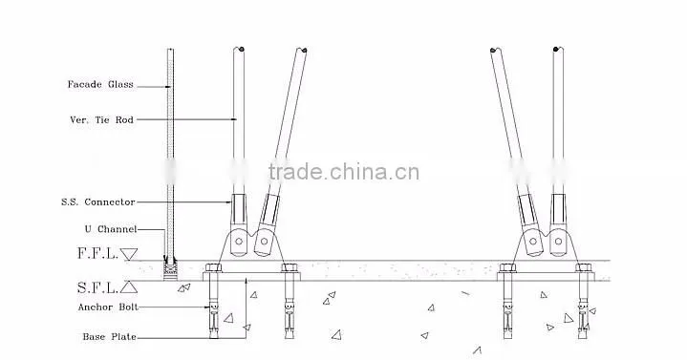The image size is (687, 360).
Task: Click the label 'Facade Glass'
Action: [100, 85]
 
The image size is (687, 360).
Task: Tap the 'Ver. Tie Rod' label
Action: [101, 119]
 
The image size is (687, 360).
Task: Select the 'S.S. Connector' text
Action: [98, 201]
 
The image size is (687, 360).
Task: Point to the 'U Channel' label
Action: [111, 229]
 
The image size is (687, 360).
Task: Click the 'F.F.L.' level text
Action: [97, 253]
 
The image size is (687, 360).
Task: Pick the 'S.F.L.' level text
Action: [97, 287]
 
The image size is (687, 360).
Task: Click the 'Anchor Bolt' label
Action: [108, 307]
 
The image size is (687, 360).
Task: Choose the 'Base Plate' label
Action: [110, 337]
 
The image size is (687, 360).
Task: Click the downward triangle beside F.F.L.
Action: [129, 254]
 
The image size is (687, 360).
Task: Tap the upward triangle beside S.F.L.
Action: [129, 287]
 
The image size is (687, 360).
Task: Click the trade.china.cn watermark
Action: [344, 172]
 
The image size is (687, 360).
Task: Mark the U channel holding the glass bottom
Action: [170, 269]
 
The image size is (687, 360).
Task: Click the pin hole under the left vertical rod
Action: [239, 241]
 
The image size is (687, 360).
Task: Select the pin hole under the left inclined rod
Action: [264, 242]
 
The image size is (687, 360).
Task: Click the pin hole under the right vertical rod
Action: [558, 241]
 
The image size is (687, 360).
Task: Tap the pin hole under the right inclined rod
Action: [533, 242]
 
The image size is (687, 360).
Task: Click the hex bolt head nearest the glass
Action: [213, 267]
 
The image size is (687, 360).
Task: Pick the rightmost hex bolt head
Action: [583, 267]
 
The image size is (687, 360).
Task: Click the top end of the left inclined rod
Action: [301, 51]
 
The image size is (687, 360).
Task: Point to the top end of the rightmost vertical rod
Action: [558, 49]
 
